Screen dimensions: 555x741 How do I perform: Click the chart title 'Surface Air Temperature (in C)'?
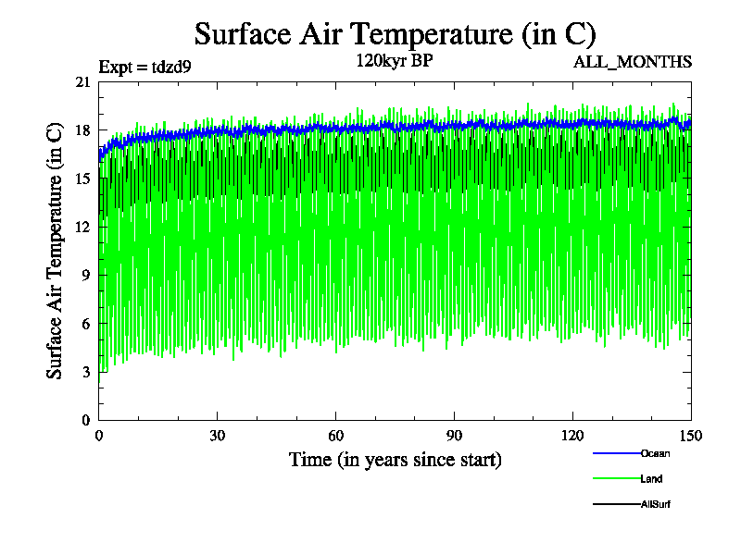(x=395, y=34)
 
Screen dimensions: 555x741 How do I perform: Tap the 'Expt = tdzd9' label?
(x=144, y=66)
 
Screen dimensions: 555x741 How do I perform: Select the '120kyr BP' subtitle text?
(x=395, y=61)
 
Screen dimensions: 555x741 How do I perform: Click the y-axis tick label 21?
(x=82, y=82)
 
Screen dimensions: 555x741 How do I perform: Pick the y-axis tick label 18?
(x=82, y=130)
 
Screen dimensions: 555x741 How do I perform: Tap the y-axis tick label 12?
(x=82, y=227)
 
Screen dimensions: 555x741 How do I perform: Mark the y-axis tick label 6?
(x=86, y=324)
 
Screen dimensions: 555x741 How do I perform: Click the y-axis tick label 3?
(x=86, y=372)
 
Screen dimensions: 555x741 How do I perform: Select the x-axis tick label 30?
(x=218, y=437)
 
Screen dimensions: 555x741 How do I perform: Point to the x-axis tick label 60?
(x=336, y=437)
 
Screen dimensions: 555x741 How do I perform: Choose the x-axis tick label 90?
(x=455, y=437)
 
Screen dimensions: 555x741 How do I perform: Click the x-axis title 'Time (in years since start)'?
(x=396, y=460)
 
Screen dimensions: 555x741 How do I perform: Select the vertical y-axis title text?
(x=56, y=251)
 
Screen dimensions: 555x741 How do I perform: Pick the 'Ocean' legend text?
(x=655, y=453)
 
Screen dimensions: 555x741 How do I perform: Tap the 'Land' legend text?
(x=651, y=479)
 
